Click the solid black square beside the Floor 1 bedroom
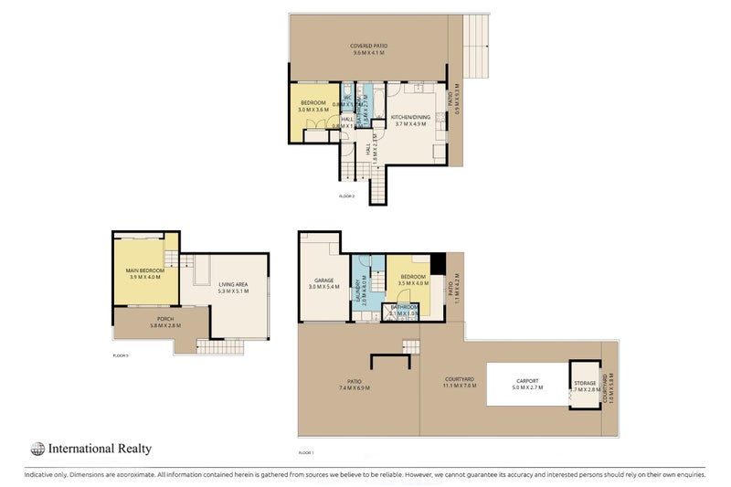click(438, 262)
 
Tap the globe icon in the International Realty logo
click(37, 449)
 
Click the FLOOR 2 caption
click(346, 196)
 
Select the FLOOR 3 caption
click(121, 355)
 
